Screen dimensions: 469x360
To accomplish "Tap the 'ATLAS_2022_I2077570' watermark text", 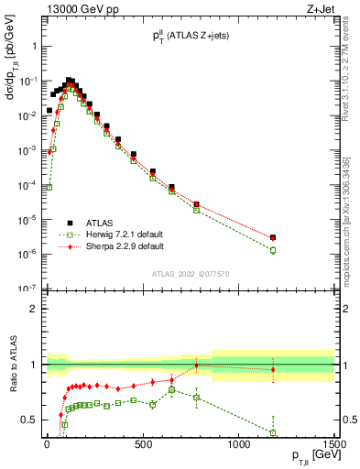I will (x=191, y=274).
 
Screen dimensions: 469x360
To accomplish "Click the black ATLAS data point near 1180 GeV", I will (x=273, y=237).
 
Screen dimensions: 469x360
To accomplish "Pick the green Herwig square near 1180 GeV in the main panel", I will (x=273, y=250).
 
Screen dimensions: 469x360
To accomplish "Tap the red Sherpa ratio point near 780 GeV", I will (x=196, y=365).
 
